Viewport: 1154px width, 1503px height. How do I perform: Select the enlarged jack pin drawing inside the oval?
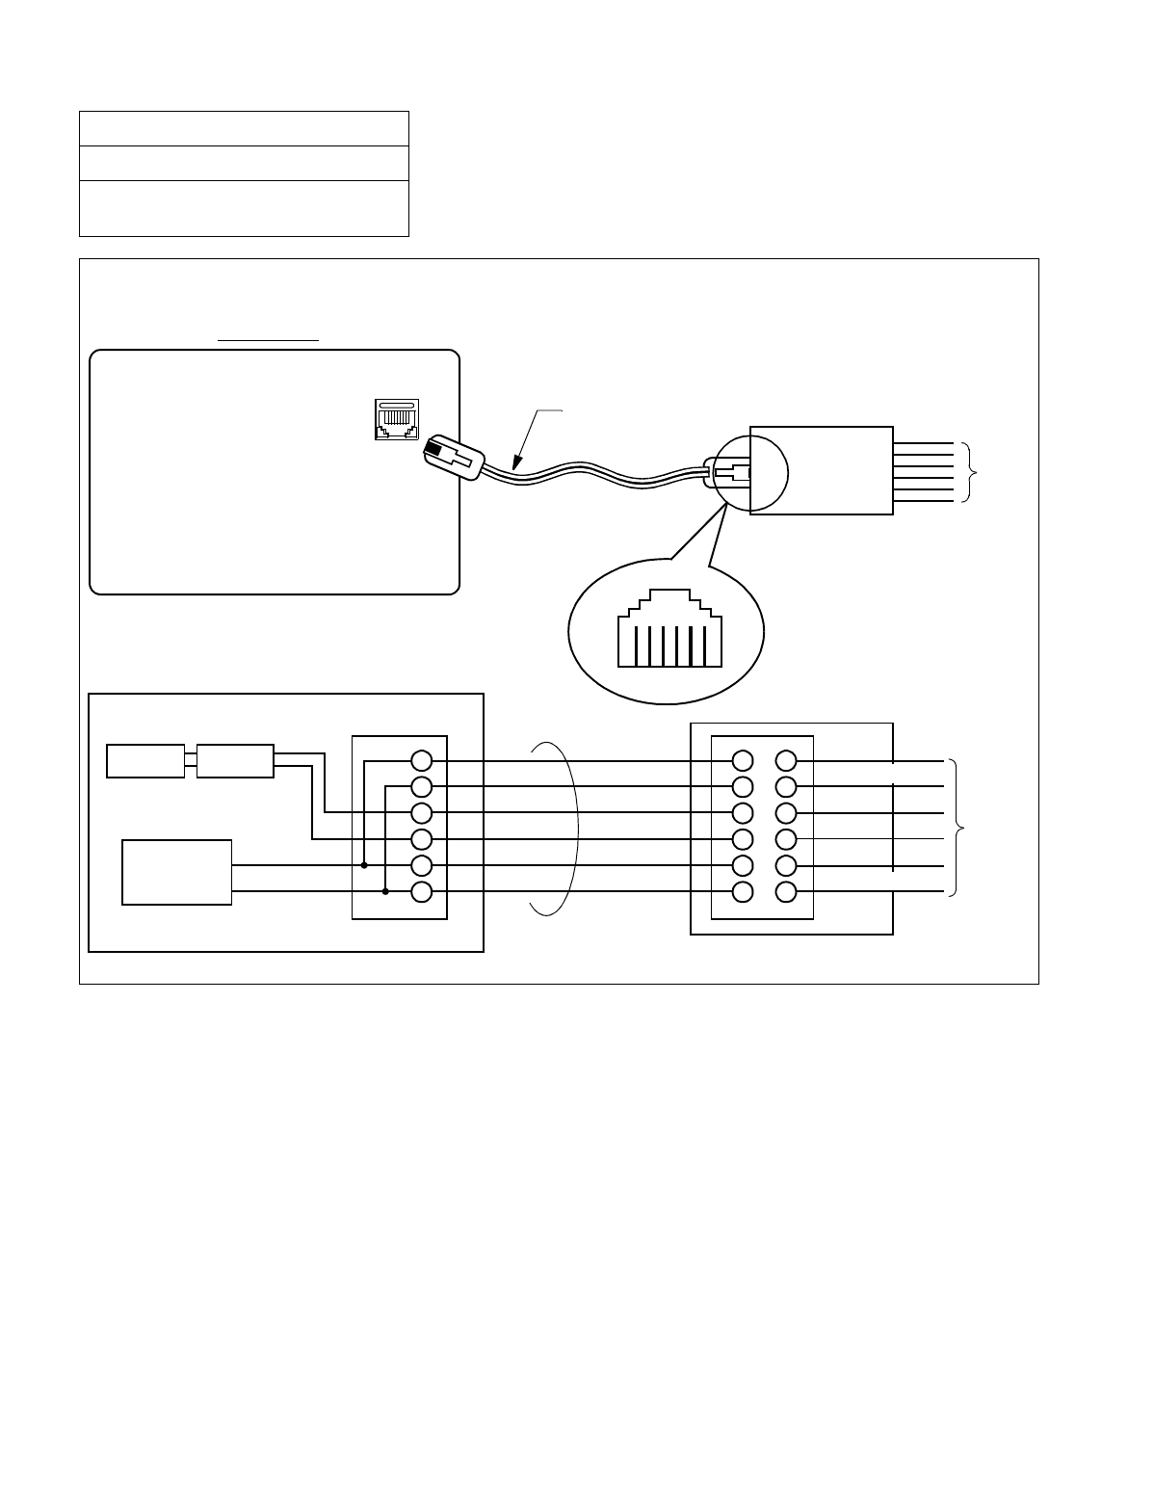pos(668,632)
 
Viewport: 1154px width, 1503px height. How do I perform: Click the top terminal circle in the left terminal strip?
pos(421,760)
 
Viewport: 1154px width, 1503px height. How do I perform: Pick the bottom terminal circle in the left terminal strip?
pos(421,892)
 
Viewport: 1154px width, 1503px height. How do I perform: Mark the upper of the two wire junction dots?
pos(364,865)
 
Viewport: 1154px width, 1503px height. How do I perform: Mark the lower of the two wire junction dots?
pos(384,892)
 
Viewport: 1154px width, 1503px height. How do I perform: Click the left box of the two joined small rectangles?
pos(145,760)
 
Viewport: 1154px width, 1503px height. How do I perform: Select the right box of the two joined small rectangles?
pos(234,760)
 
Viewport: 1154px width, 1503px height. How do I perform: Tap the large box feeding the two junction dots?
pos(177,872)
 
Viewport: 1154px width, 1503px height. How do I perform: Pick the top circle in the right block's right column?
pos(786,760)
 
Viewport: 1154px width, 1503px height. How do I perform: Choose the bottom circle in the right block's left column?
pos(742,892)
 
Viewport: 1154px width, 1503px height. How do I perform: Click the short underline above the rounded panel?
pos(268,340)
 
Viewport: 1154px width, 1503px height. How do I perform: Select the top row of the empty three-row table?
pos(244,128)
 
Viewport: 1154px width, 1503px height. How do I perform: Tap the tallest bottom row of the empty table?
pos(244,208)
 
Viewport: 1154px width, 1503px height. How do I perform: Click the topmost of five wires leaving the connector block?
pos(923,443)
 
